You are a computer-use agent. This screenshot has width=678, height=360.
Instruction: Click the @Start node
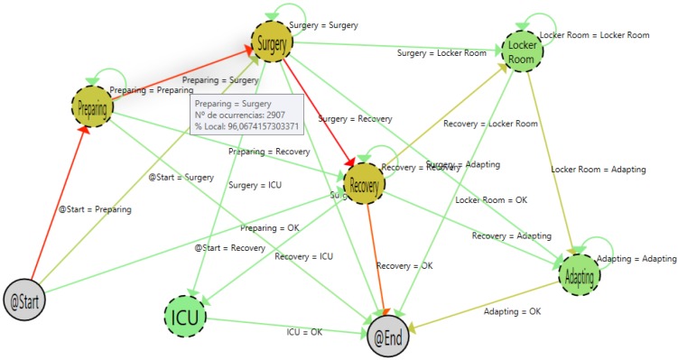pos(28,297)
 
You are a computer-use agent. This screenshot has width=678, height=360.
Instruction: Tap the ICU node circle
pos(186,317)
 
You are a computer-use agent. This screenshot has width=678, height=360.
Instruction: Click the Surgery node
pos(272,42)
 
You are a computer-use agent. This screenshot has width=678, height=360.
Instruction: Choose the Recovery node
pos(364,182)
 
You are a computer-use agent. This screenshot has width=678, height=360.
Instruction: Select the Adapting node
pos(580,272)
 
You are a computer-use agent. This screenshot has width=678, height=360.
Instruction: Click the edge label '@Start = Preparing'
pos(94,209)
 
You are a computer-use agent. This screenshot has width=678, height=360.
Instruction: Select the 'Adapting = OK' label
pos(512,311)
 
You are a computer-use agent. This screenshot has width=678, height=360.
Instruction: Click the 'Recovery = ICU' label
pos(303,256)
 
